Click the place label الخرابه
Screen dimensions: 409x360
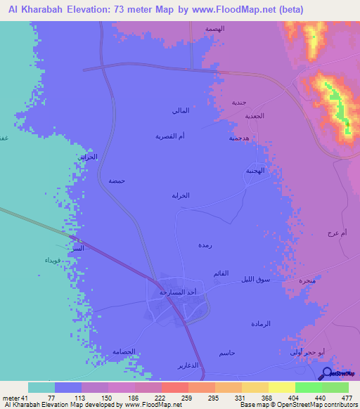[181, 195]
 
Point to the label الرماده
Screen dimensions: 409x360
[261, 323]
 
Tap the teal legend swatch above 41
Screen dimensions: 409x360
[41, 387]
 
